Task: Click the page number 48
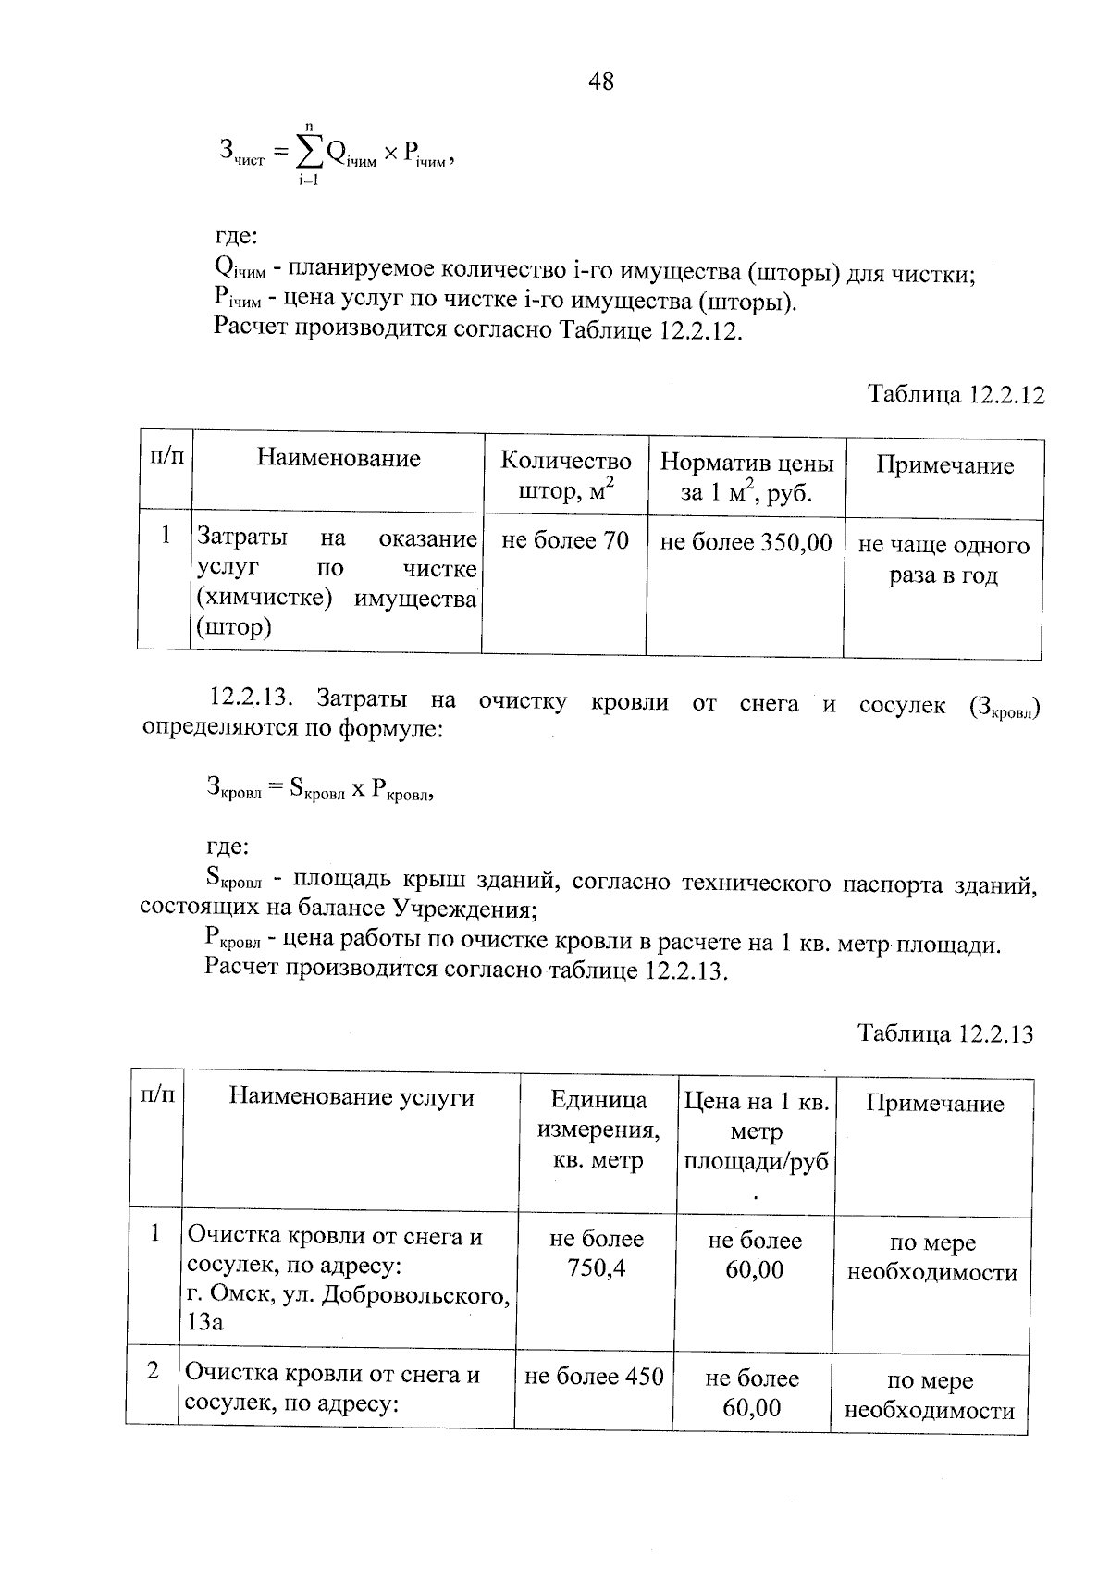(x=600, y=81)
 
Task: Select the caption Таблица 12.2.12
(x=956, y=395)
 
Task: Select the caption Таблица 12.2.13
(x=944, y=1032)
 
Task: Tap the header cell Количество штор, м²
(x=565, y=476)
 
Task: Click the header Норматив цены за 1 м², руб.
(x=746, y=476)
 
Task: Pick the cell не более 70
(x=564, y=540)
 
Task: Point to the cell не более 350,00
(x=746, y=542)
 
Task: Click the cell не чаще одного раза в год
(x=943, y=561)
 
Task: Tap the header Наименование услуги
(x=351, y=1097)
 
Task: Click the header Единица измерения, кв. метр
(x=598, y=1130)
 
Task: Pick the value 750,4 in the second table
(x=597, y=1267)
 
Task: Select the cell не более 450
(x=594, y=1377)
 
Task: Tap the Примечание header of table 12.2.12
(x=944, y=465)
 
